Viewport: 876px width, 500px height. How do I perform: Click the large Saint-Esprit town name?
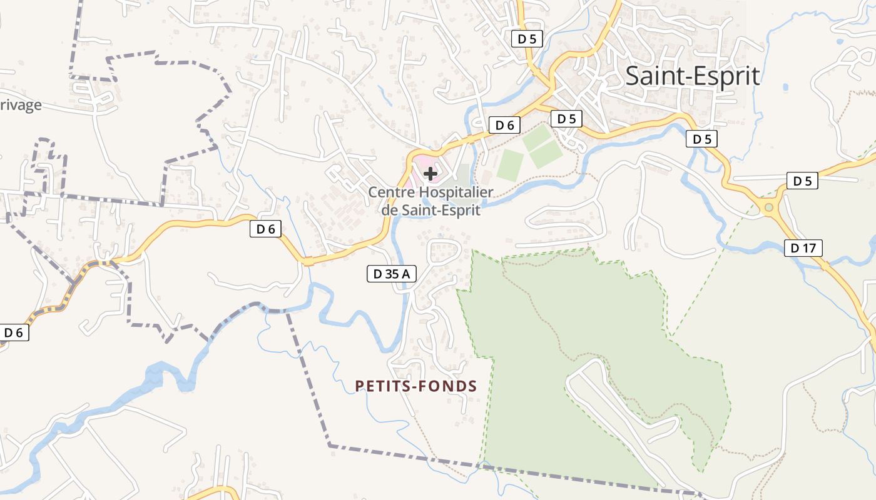[693, 76]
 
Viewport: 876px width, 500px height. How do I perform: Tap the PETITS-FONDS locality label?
[416, 386]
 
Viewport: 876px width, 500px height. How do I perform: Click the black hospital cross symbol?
[430, 174]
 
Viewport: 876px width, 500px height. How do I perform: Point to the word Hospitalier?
[457, 192]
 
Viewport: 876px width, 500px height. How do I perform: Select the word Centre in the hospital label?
[392, 192]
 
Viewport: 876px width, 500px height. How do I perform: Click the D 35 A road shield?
[391, 273]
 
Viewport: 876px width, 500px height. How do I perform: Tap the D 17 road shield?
[803, 248]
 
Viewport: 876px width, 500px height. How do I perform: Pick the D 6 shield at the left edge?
[14, 332]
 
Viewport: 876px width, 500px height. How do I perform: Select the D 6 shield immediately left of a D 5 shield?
[504, 125]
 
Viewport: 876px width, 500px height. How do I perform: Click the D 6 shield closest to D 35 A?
[266, 229]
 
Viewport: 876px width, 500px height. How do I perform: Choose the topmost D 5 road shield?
[527, 39]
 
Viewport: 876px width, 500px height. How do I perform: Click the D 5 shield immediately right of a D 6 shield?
[566, 118]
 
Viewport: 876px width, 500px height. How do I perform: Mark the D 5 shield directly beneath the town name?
[701, 139]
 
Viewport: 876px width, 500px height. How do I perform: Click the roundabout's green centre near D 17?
[769, 207]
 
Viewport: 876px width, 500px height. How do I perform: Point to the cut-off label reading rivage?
[20, 104]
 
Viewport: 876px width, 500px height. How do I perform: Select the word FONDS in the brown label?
[449, 386]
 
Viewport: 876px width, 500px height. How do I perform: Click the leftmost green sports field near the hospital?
[510, 165]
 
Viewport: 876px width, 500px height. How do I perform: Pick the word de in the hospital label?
[389, 209]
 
